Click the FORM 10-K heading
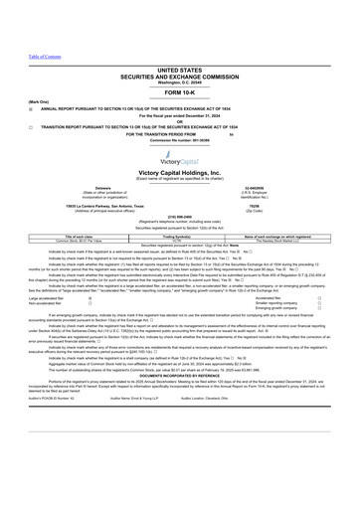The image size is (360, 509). pyautogui.click(x=179, y=64)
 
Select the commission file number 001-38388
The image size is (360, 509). pyautogui.click(x=179, y=110)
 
